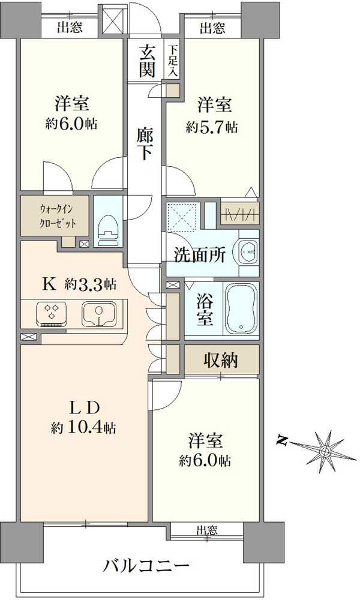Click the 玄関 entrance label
click(x=148, y=61)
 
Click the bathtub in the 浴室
click(x=241, y=308)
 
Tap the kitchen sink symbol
click(x=97, y=313)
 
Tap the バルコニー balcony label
click(x=146, y=565)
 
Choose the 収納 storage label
click(x=220, y=360)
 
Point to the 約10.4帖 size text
click(x=83, y=428)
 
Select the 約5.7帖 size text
click(x=211, y=127)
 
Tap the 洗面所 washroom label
click(x=200, y=254)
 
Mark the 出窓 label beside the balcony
click(x=207, y=530)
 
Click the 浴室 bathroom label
click(x=205, y=308)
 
